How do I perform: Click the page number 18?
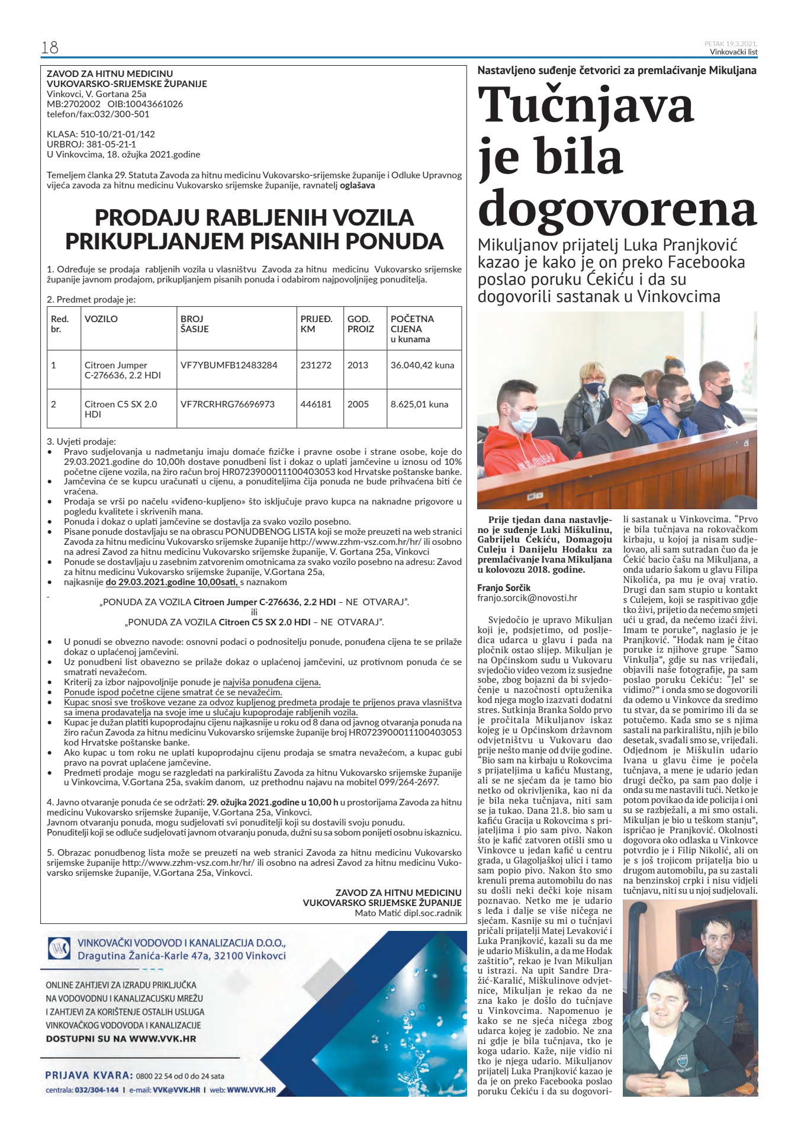click(x=49, y=47)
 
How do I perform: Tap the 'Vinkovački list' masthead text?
click(x=733, y=52)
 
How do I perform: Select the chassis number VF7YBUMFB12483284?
click(x=229, y=365)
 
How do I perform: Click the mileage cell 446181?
click(x=316, y=404)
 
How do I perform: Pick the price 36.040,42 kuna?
click(x=422, y=365)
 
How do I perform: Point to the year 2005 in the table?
click(x=358, y=404)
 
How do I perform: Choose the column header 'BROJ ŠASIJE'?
click(x=195, y=323)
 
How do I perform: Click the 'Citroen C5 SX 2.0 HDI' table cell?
click(x=121, y=409)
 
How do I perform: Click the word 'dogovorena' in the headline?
click(x=617, y=208)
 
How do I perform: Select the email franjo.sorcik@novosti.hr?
click(x=527, y=598)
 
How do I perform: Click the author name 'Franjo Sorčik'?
click(x=504, y=587)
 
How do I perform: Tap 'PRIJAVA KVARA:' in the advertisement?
click(x=89, y=1075)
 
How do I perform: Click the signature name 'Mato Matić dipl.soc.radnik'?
click(x=408, y=913)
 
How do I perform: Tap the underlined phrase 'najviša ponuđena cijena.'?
click(x=272, y=682)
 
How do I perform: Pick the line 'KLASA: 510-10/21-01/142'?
click(x=101, y=134)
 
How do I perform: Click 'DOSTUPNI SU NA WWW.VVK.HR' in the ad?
click(x=121, y=1038)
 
